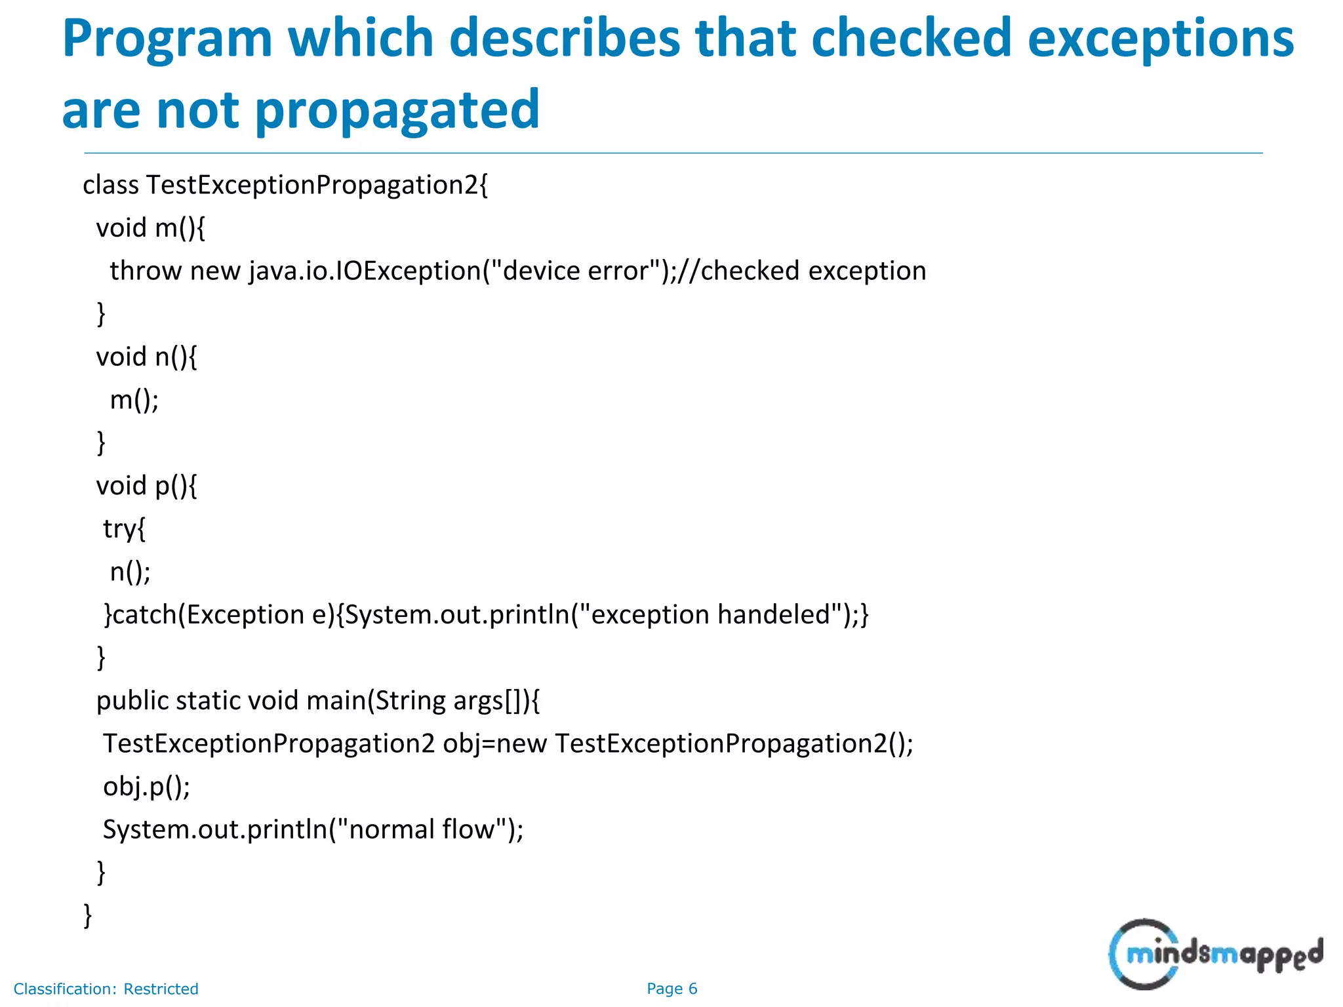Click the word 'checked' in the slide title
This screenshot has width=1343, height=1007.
pos(912,38)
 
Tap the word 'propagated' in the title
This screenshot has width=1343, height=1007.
pos(397,109)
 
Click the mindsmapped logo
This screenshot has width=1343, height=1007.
pos(1215,954)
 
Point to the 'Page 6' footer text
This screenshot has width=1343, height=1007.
pos(671,989)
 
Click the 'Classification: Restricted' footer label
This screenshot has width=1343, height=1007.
pos(106,989)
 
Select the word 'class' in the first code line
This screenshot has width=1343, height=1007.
pos(111,186)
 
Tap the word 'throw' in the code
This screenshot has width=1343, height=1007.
pos(146,271)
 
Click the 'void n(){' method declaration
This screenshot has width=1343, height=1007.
pos(146,357)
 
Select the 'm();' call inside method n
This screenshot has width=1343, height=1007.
pos(134,400)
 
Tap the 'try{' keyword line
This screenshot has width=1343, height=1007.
pos(124,528)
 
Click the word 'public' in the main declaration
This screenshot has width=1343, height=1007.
pos(132,701)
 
